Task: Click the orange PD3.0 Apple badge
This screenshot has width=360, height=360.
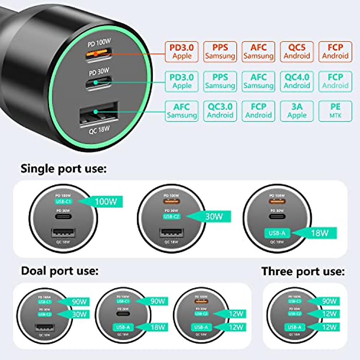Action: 181,52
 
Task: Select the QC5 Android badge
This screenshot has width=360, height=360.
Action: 297,52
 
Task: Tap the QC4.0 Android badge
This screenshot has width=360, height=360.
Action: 297,81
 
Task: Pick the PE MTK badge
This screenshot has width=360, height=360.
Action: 335,111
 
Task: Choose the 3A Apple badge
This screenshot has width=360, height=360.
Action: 297,111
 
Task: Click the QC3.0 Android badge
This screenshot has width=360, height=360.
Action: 220,111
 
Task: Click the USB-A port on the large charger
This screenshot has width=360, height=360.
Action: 98,115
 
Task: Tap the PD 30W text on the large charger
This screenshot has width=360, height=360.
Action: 99,72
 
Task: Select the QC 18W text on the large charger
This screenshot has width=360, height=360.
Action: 99,130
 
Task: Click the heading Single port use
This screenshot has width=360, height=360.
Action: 63,169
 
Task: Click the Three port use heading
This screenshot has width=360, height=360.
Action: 303,271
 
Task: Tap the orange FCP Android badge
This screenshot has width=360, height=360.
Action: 335,52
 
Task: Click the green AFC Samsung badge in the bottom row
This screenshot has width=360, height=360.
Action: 181,111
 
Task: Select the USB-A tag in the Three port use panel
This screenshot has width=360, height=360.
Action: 295,327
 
